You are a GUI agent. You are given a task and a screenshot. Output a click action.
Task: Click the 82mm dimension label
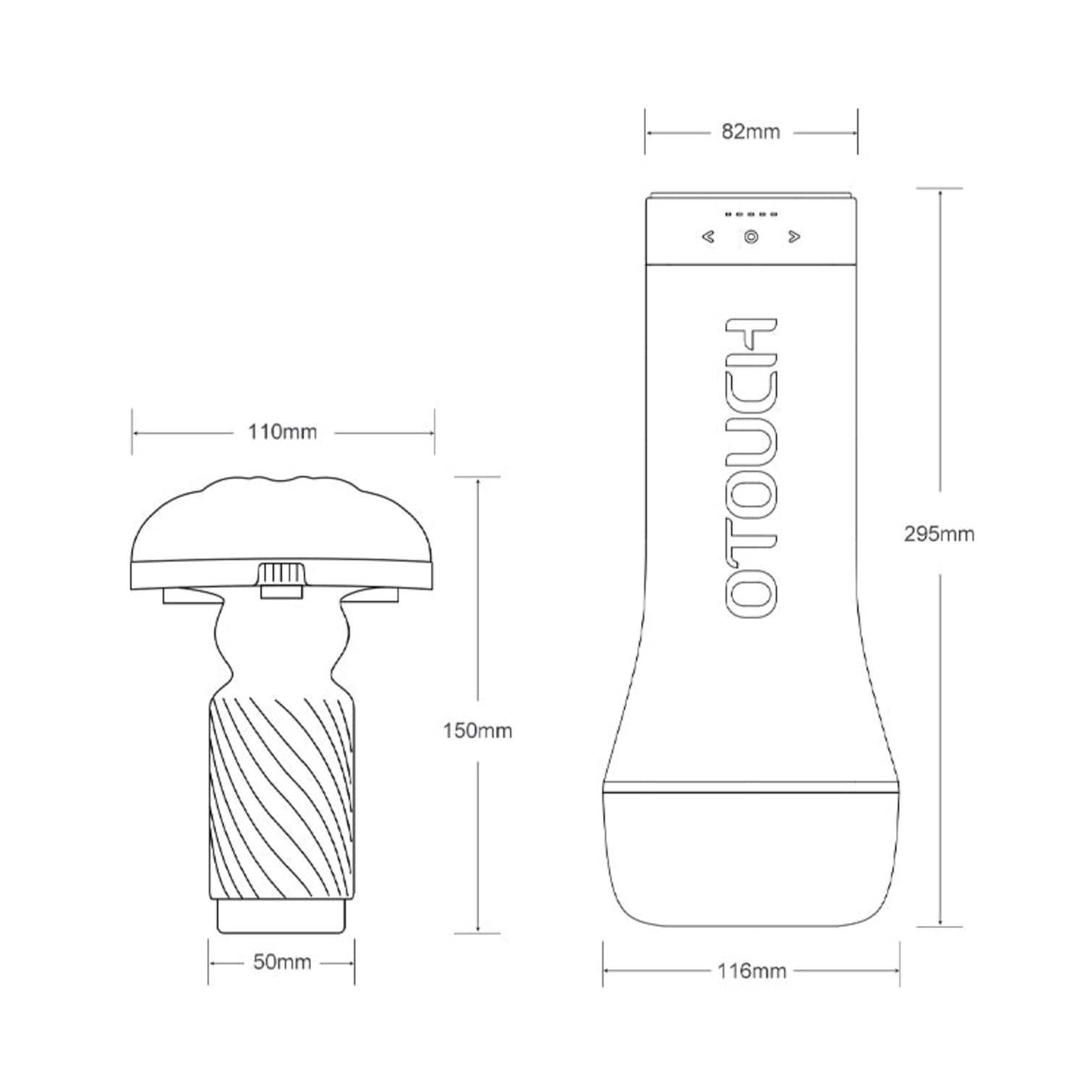(x=751, y=132)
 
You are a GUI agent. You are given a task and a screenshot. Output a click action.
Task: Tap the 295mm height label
(x=939, y=534)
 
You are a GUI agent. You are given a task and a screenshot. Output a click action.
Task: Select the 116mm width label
(x=752, y=971)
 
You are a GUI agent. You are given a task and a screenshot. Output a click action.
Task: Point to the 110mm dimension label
(x=282, y=432)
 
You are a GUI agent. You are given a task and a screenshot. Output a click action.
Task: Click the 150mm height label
(x=477, y=731)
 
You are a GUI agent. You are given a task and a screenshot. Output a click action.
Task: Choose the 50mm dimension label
(x=282, y=962)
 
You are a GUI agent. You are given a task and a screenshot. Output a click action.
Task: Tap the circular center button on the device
(x=752, y=237)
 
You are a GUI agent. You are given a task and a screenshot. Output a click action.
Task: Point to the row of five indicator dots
(x=752, y=215)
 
